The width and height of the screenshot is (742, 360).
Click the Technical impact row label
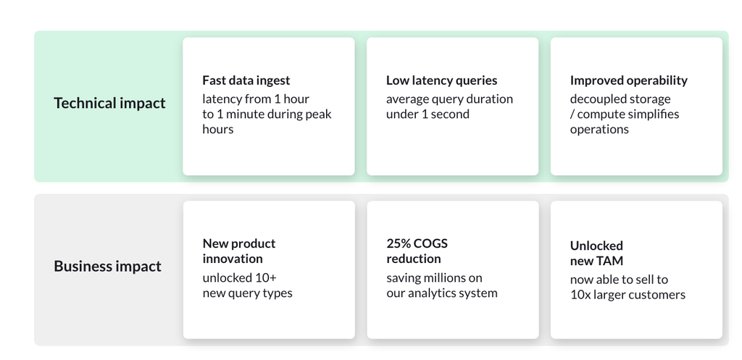coord(109,103)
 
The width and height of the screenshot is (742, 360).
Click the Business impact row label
coord(107,266)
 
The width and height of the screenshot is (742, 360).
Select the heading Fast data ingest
coord(246,80)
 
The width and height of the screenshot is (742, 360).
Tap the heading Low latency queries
coord(441,80)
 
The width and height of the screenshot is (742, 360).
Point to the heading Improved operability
coord(628,80)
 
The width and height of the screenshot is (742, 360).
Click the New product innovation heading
coord(239,251)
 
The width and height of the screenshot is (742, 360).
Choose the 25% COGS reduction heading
coord(417,251)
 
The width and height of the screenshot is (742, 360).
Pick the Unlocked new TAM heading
coord(597,253)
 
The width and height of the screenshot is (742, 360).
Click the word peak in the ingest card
coord(319,114)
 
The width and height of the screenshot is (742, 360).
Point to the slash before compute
coord(572,114)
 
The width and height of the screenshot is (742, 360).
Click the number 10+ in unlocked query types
coord(265,277)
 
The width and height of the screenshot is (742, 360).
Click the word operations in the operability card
coord(599,130)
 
